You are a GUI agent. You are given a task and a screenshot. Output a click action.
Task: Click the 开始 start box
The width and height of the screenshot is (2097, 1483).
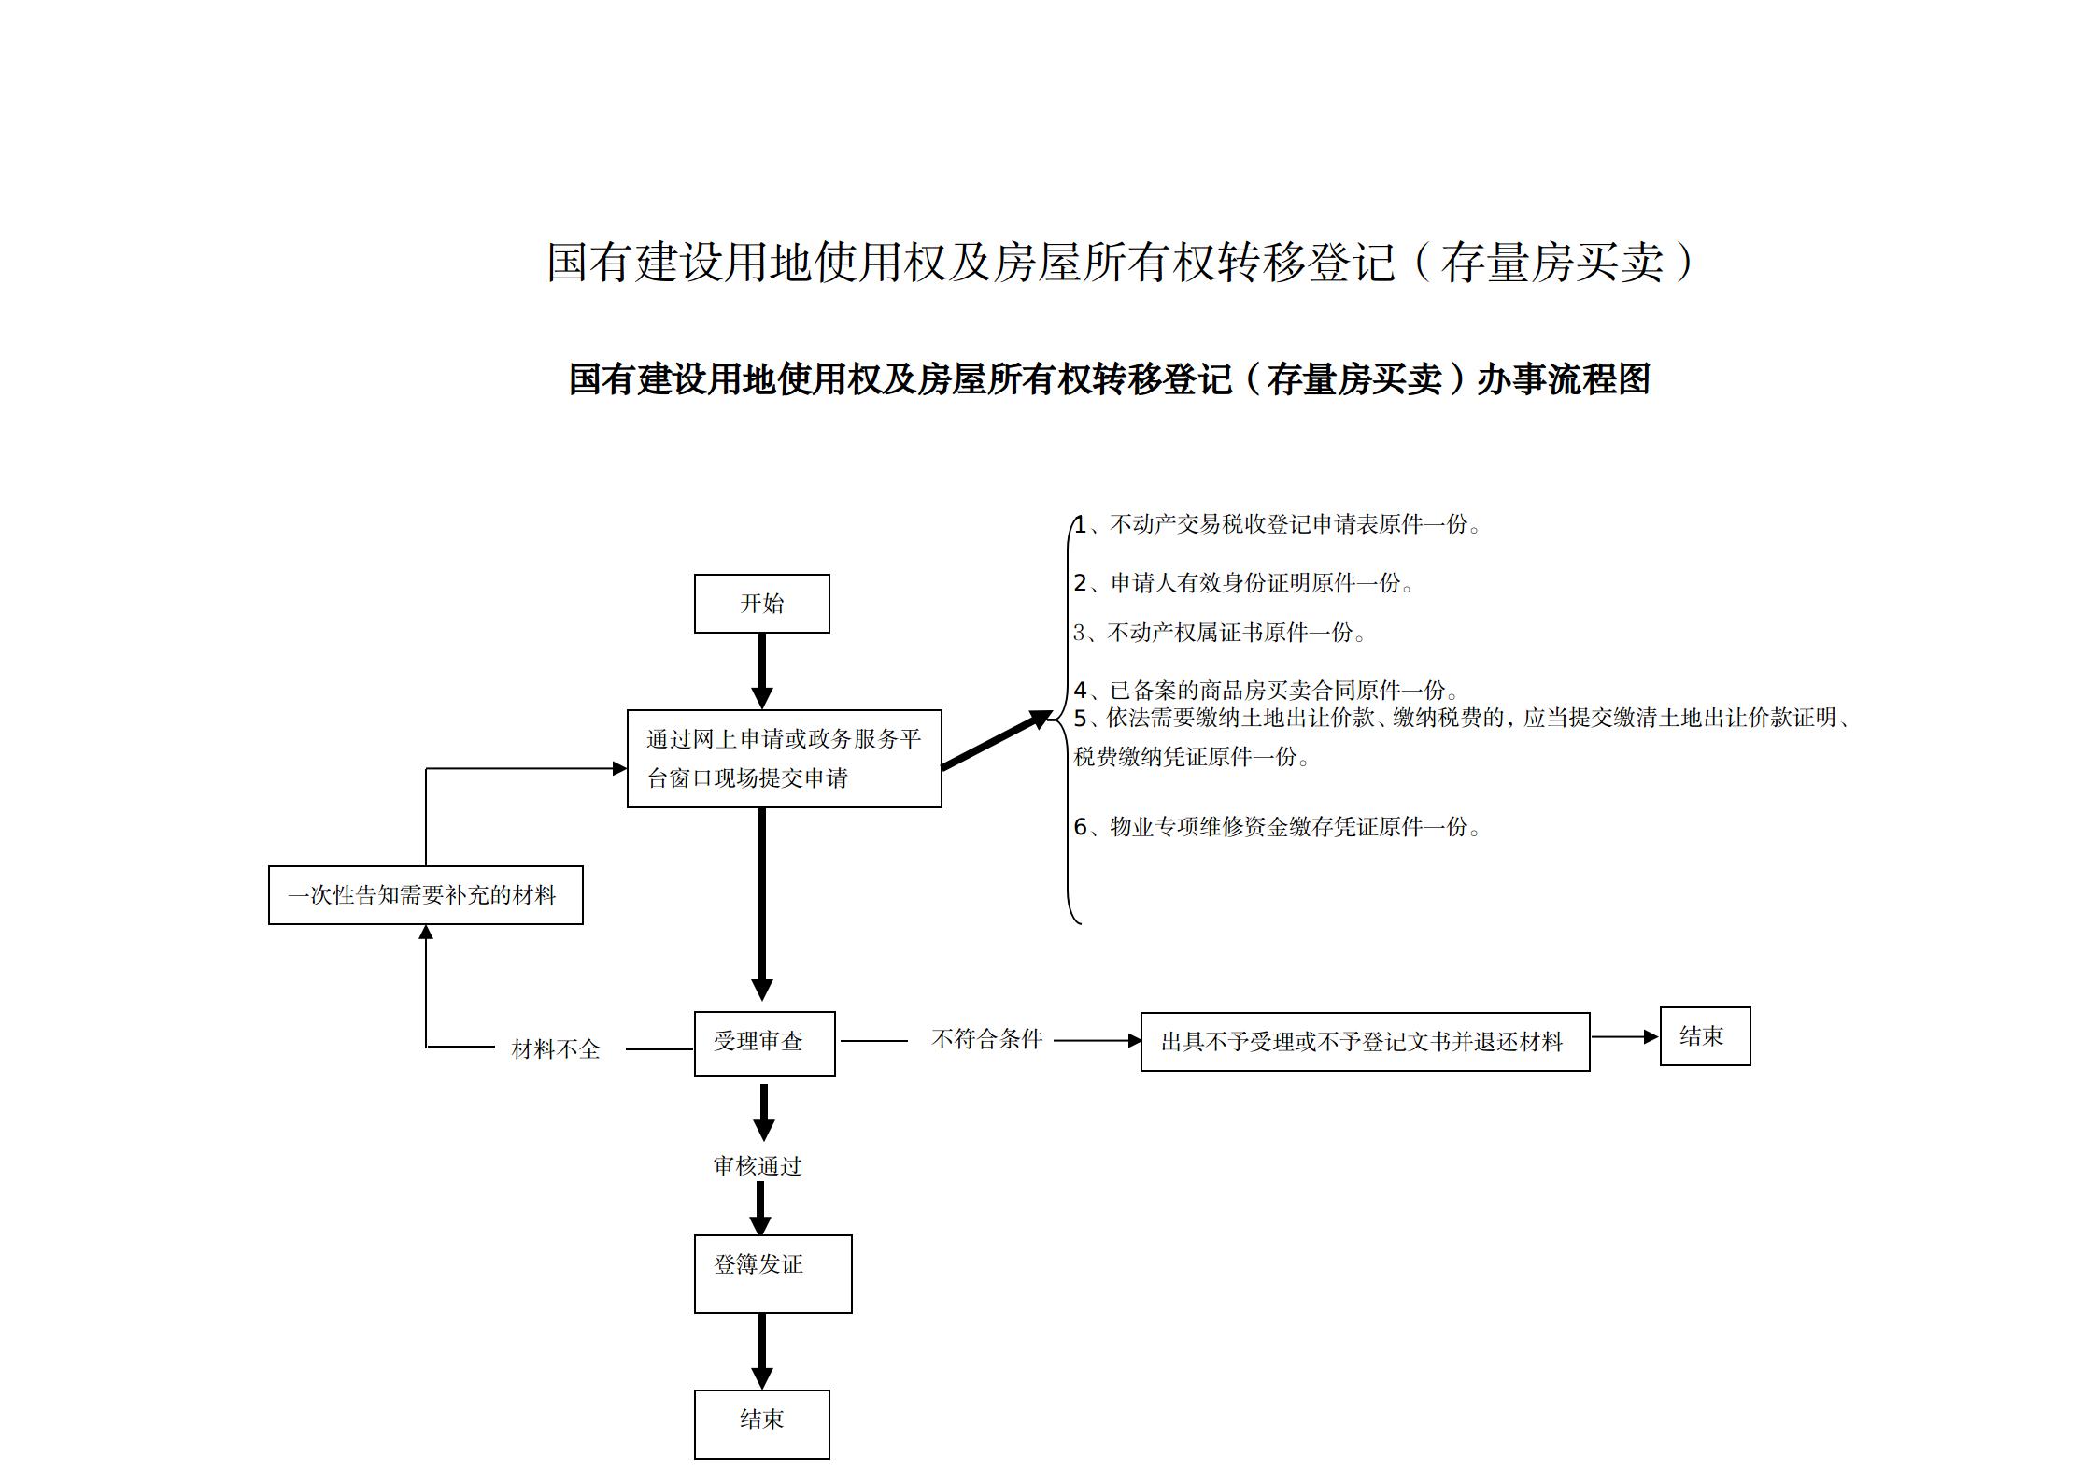(761, 604)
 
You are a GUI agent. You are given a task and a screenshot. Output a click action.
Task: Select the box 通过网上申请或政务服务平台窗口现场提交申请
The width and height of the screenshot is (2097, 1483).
(784, 758)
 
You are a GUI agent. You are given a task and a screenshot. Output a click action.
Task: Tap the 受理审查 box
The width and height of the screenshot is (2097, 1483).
(764, 1043)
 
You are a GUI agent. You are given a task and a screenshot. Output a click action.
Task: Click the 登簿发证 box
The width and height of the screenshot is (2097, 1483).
(772, 1273)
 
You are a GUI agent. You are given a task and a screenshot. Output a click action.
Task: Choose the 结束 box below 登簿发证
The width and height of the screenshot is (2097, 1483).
(761, 1423)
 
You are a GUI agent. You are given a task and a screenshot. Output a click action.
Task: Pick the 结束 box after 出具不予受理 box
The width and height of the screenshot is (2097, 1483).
(1704, 1035)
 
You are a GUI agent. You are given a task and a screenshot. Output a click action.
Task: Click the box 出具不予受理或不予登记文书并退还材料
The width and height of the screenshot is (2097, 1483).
(1364, 1041)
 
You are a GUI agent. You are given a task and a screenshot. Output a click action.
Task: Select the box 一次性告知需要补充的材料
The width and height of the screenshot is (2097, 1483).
(425, 895)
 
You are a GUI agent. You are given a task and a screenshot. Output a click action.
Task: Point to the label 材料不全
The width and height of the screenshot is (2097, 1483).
(556, 1049)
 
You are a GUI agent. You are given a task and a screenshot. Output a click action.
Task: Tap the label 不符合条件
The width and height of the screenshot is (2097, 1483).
(986, 1039)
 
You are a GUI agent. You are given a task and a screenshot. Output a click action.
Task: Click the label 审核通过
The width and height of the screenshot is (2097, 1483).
(758, 1166)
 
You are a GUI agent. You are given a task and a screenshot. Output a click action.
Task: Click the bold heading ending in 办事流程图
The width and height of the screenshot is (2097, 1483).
(1109, 379)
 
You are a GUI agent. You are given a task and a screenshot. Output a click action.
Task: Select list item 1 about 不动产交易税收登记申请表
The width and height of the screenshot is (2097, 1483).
(1277, 525)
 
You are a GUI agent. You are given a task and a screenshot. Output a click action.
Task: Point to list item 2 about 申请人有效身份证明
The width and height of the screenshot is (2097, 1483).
(1243, 583)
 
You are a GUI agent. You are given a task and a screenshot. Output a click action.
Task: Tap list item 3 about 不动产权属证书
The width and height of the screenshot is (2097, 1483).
(1220, 633)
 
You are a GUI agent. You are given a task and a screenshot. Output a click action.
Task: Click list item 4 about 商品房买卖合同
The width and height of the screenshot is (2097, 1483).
(1266, 691)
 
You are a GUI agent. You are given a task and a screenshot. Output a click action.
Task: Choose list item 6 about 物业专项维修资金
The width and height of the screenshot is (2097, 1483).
(1277, 827)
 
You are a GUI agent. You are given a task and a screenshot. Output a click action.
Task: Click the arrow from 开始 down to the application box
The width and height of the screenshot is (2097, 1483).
(762, 670)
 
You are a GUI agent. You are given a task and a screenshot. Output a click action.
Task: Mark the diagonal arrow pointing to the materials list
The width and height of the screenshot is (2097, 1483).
(996, 740)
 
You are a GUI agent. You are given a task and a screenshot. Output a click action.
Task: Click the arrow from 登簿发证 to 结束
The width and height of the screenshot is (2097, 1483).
(762, 1350)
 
